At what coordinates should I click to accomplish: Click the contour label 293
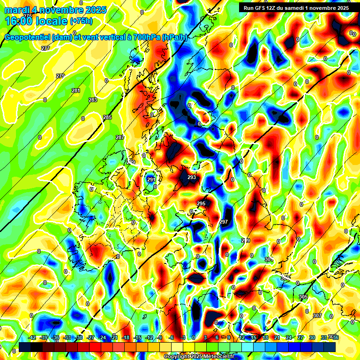[x=191, y=177]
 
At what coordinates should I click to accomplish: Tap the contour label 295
[x=201, y=203]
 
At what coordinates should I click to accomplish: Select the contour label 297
[x=224, y=222]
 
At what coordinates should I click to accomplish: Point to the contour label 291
[x=151, y=180]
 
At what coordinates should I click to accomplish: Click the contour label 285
[x=107, y=117]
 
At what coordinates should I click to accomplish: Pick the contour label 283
[x=93, y=100]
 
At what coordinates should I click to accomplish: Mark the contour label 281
[x=76, y=90]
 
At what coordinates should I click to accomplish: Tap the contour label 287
[x=120, y=137]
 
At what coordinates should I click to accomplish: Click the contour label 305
[x=303, y=297]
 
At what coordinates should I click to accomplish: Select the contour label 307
[x=317, y=315]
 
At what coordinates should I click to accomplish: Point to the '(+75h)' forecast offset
[x=81, y=22]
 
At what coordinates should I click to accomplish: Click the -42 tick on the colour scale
[x=32, y=337]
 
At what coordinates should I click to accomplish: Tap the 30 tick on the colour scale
[x=312, y=337]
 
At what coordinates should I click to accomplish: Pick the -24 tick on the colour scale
[x=102, y=337]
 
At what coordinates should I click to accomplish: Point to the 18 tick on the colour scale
[x=265, y=337]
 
